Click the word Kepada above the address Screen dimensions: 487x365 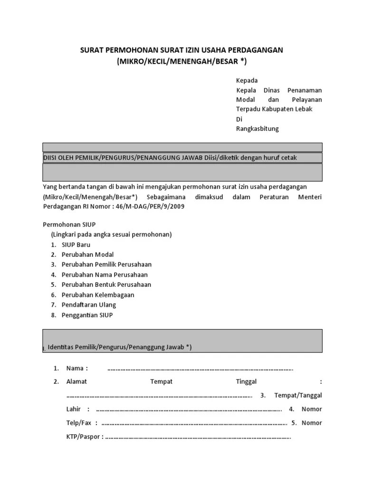coord(247,80)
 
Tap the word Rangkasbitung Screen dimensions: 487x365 coord(258,129)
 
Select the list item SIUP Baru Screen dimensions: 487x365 coord(76,244)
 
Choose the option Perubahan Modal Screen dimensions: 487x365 coord(87,254)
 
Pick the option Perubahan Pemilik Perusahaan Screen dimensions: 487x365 coord(106,264)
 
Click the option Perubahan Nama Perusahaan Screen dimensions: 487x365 coord(105,274)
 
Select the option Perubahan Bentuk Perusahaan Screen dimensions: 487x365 coord(106,284)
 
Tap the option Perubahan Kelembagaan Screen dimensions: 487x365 coord(98,295)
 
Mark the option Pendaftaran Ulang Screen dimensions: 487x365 coord(88,305)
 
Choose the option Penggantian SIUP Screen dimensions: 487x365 coord(87,315)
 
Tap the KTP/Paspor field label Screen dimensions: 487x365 coord(83,437)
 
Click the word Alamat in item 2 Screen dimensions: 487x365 coord(77,381)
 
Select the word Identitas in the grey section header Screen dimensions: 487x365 coord(61,348)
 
